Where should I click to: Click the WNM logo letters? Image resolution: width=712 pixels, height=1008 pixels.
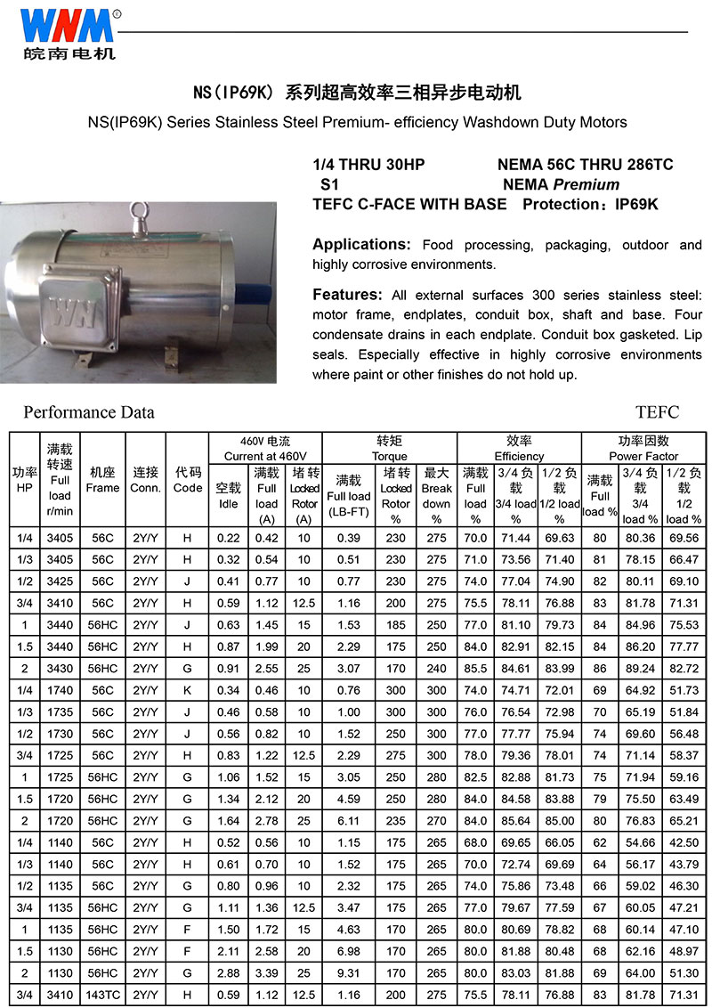click(x=66, y=27)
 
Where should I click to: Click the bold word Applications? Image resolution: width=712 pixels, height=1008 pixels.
click(x=360, y=245)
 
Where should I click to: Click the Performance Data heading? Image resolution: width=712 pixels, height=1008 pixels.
click(x=88, y=412)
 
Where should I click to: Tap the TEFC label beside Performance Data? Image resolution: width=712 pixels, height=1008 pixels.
click(x=657, y=412)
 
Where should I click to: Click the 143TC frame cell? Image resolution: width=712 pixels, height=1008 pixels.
click(x=102, y=995)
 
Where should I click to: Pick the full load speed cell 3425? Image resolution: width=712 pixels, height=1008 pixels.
click(x=60, y=580)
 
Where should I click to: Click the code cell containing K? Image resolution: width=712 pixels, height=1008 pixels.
click(x=188, y=689)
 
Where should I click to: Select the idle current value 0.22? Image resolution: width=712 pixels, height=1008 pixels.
click(x=229, y=538)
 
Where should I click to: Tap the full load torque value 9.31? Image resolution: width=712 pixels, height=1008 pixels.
click(x=348, y=973)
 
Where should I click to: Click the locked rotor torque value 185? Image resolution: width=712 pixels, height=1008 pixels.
click(x=396, y=624)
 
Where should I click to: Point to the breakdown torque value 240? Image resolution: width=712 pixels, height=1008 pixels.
click(x=436, y=668)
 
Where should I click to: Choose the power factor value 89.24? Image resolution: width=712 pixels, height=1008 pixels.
click(x=640, y=668)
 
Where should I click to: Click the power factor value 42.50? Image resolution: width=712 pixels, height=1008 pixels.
click(x=684, y=841)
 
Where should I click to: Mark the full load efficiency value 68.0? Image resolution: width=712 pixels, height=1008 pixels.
click(x=475, y=841)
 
